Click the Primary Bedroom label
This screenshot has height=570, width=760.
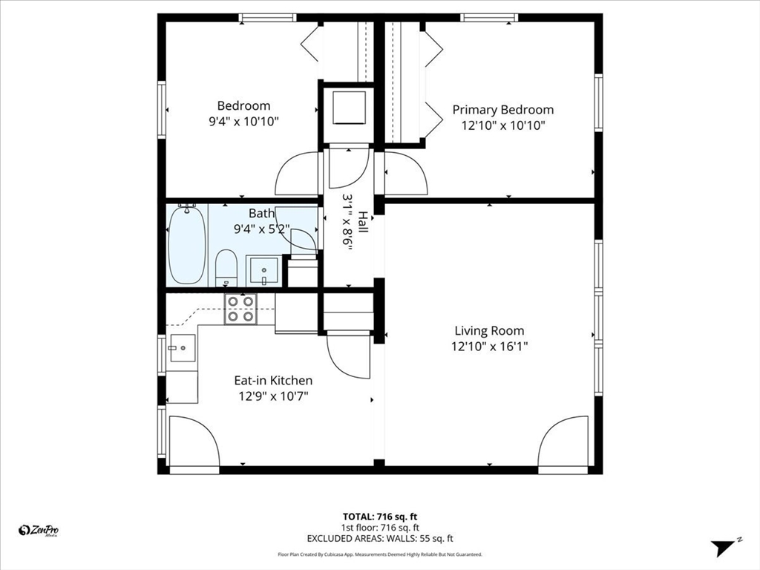pyautogui.click(x=502, y=110)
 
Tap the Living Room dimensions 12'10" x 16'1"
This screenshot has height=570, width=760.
pyautogui.click(x=489, y=347)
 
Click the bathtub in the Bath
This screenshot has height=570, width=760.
pyautogui.click(x=186, y=245)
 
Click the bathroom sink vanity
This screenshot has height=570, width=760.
pyautogui.click(x=263, y=270)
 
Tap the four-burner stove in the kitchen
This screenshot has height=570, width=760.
pyautogui.click(x=241, y=309)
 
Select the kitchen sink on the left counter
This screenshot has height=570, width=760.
pyautogui.click(x=182, y=347)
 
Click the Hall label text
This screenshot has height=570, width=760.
pyautogui.click(x=362, y=222)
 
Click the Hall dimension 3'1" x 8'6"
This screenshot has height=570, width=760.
pyautogui.click(x=347, y=223)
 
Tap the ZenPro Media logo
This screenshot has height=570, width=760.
pyautogui.click(x=39, y=530)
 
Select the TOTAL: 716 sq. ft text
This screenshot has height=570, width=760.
pyautogui.click(x=379, y=516)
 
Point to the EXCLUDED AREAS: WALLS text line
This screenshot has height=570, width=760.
pyautogui.click(x=379, y=539)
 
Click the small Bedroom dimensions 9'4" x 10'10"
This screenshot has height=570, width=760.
pyautogui.click(x=243, y=122)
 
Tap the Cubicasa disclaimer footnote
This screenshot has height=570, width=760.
pyautogui.click(x=379, y=554)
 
